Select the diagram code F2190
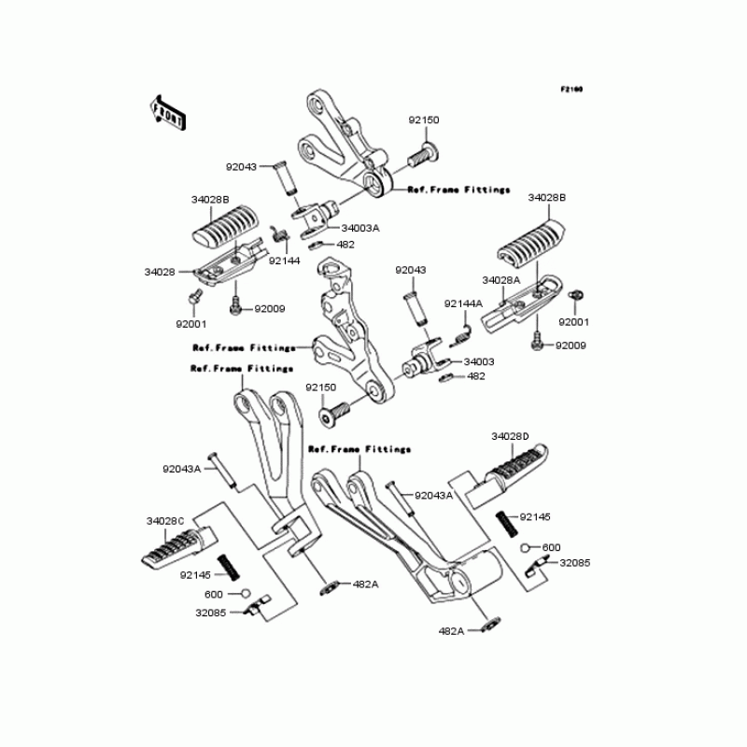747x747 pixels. pos(571,90)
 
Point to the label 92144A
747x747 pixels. pos(463,303)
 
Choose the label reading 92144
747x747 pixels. pos(284,261)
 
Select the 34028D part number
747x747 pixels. pos(510,436)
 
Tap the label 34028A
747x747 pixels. pos(500,280)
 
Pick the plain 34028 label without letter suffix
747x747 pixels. pos(160,272)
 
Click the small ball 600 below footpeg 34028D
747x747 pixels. pos(527,547)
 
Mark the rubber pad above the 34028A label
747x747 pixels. pos(529,245)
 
